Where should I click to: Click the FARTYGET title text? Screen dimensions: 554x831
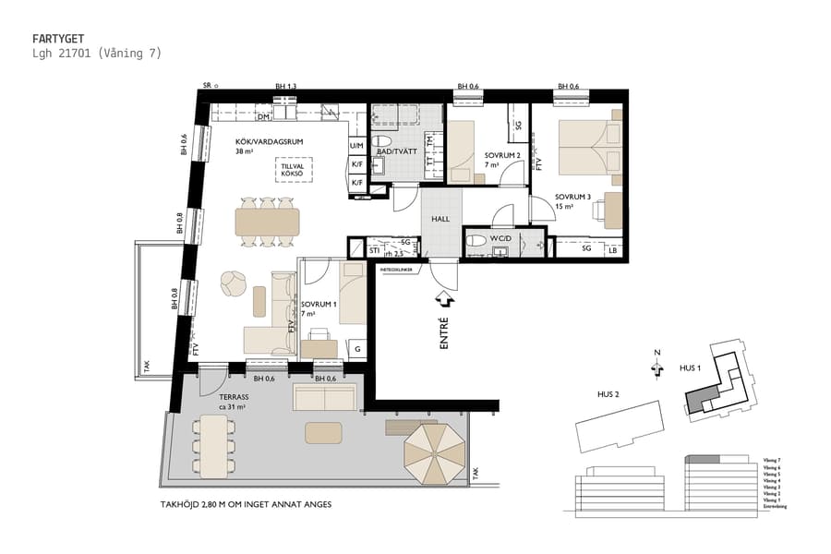[x=58, y=39]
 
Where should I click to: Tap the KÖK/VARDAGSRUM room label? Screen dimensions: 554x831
[x=270, y=141]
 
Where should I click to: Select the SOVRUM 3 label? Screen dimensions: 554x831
[x=572, y=198]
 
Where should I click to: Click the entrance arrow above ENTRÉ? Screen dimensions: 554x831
[x=443, y=299]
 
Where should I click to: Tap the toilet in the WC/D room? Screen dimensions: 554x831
[x=476, y=241]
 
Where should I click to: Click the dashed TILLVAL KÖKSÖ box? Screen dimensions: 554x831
[x=294, y=171]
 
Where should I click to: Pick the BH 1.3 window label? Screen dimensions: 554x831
[x=285, y=87]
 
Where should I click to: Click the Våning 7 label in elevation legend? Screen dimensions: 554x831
[x=773, y=459]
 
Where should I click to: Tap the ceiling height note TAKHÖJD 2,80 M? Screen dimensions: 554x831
[x=245, y=505]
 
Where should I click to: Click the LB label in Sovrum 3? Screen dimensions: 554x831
[x=613, y=249]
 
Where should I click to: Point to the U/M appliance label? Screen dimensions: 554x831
[x=356, y=146]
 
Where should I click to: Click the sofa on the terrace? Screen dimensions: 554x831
[x=325, y=396]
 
